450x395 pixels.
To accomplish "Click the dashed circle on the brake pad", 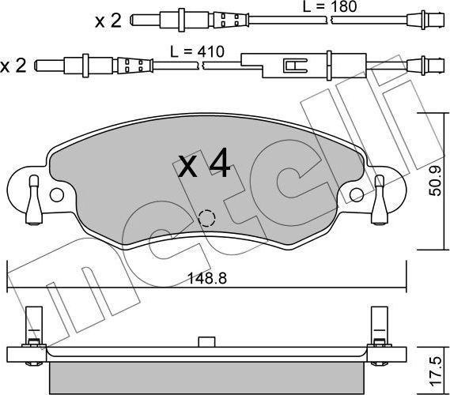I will (x=206, y=218).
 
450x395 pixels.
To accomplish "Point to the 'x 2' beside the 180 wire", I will (x=108, y=21).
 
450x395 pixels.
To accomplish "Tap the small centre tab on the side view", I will (x=206, y=341).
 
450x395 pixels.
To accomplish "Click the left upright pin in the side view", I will (x=32, y=324).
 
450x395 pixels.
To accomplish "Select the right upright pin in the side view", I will (x=379, y=324).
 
